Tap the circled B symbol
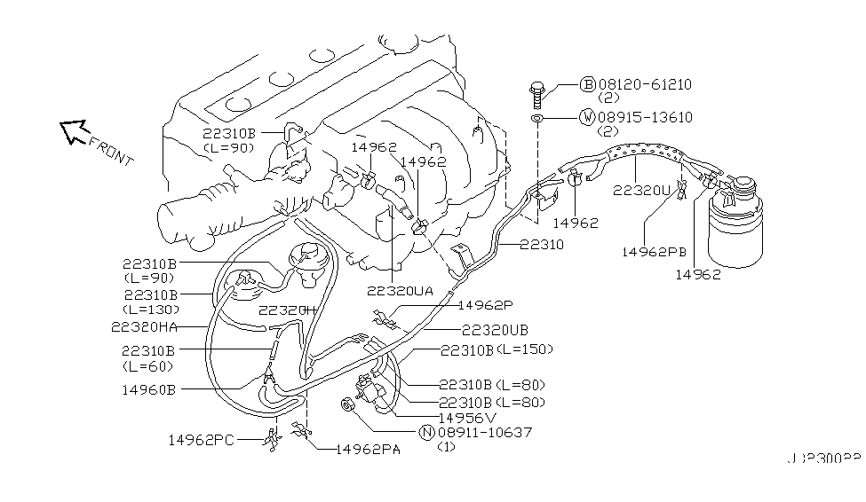[x=587, y=84]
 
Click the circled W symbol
[x=587, y=116]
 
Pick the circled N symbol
[x=426, y=432]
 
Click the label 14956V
[x=468, y=417]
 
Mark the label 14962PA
[x=367, y=450]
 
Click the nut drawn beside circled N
[x=349, y=406]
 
